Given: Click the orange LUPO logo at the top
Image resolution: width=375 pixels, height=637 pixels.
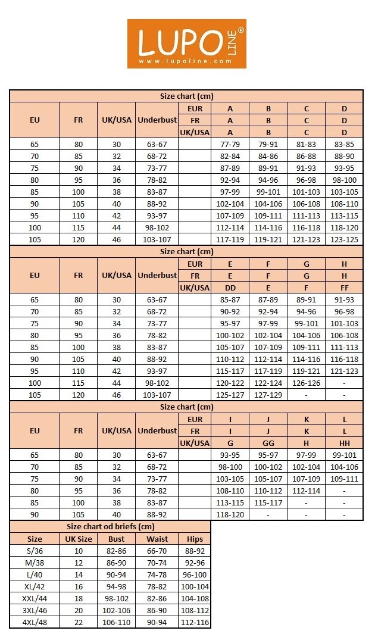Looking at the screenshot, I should [186, 43].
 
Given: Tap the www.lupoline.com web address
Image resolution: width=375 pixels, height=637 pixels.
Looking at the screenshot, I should [185, 61].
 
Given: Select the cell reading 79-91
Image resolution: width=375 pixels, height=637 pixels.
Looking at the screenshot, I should [268, 143].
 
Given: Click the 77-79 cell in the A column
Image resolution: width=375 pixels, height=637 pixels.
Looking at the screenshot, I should [230, 143].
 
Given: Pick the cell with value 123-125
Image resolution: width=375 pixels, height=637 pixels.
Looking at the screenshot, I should [344, 239].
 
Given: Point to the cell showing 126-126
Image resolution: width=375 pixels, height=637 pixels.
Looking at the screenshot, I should [306, 383].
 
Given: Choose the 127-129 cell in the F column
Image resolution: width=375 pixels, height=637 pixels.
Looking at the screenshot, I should [268, 395].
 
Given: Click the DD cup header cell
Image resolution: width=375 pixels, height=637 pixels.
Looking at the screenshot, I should [230, 288].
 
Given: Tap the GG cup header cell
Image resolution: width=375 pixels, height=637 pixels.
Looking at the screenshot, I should [268, 443].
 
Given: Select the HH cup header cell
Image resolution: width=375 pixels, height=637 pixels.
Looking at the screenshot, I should [344, 443].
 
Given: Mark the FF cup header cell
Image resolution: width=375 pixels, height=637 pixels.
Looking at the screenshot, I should [344, 288].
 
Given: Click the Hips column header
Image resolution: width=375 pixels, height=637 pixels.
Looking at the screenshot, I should [195, 539].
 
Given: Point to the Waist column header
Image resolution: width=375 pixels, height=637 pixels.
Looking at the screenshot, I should [157, 539].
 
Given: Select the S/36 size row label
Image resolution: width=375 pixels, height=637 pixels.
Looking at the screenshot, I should [35, 551].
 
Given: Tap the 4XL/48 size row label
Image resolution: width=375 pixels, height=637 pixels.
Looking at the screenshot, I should [35, 622].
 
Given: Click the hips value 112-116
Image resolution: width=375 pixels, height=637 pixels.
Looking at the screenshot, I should [195, 622].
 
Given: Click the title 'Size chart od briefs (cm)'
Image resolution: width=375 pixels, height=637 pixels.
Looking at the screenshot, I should [110, 527].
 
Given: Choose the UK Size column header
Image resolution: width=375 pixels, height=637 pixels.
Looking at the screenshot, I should [78, 539].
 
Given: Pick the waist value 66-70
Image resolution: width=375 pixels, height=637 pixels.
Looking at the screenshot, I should [157, 551].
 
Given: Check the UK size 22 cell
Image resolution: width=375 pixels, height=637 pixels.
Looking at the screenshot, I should [78, 622].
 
